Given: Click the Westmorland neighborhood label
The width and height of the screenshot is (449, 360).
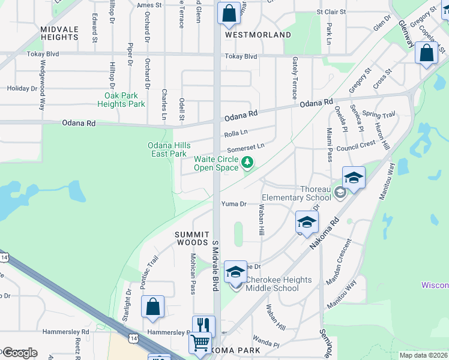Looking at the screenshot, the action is click(x=258, y=35).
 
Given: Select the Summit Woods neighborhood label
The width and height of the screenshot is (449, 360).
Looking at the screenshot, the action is click(x=192, y=238).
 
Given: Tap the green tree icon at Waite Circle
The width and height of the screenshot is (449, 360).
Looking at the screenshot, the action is click(x=247, y=162).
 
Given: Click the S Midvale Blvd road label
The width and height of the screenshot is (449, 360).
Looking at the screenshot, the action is click(x=214, y=266).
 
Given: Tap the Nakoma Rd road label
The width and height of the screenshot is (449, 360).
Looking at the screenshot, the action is click(x=324, y=234).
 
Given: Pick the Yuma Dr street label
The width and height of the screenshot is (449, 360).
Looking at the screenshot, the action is click(x=234, y=204).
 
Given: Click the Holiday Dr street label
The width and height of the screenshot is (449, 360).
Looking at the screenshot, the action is click(x=22, y=88).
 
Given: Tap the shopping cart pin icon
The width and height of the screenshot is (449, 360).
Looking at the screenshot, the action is click(x=200, y=343).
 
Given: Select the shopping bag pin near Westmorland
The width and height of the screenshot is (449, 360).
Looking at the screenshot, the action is click(x=229, y=13).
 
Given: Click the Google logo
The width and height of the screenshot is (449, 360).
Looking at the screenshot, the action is click(x=19, y=353).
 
